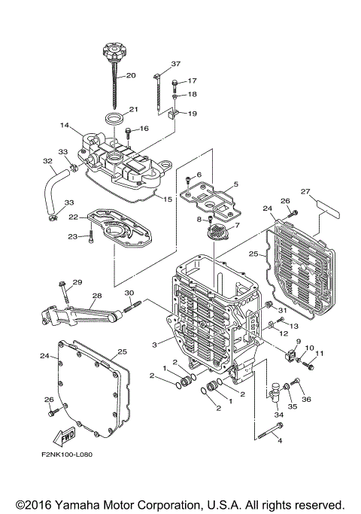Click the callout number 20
point(130,76)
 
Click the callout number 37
point(176,63)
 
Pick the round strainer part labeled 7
point(216,233)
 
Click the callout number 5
point(235,184)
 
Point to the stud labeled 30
point(133,305)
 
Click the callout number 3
point(153,344)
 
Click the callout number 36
point(306,399)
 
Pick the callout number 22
point(74,217)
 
